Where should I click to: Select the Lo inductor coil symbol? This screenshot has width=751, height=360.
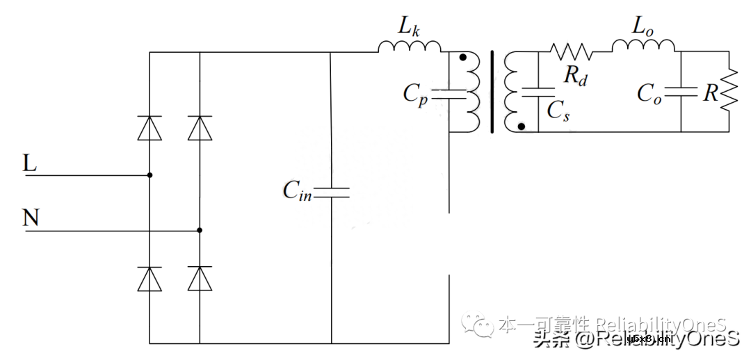tap(643, 46)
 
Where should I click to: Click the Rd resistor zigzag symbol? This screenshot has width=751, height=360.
tap(571, 51)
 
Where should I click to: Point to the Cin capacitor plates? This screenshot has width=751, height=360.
tap(331, 191)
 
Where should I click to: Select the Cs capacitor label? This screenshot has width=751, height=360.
tap(558, 111)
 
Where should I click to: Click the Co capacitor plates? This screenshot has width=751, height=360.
tap(681, 91)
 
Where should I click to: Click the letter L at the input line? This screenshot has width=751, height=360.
tap(30, 164)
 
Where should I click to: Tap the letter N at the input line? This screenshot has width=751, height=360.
tap(31, 218)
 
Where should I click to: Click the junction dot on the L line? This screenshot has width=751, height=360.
tap(150, 175)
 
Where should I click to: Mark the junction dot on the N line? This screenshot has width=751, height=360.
tap(200, 229)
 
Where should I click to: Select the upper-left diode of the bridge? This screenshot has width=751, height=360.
tap(150, 129)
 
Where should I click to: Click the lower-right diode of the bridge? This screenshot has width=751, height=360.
tap(200, 278)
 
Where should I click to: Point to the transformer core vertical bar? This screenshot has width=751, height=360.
tap(492, 91)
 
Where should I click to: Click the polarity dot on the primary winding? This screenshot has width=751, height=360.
tap(463, 57)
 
